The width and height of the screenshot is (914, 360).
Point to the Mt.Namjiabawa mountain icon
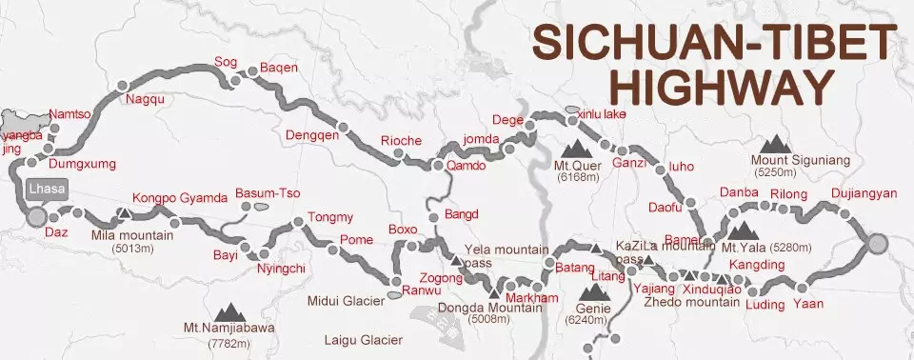tap(228, 311)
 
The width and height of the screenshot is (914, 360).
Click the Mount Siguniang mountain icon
tap(778, 143)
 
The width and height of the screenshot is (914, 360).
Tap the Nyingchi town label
tap(281, 269)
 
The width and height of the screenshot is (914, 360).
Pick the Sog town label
tap(226, 62)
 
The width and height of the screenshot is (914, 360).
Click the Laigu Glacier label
tap(363, 340)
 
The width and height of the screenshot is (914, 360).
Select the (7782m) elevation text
tap(228, 343)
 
